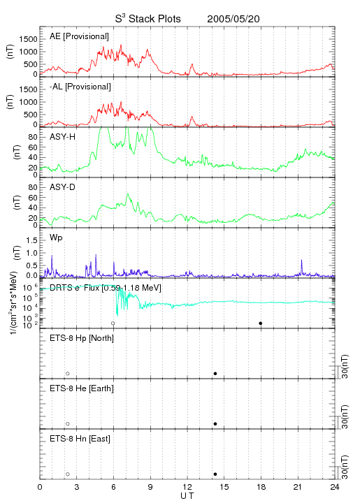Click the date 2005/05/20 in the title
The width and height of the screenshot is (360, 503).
[233, 19]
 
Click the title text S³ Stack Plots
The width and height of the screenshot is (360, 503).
[147, 19]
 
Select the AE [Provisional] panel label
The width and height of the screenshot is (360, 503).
[79, 36]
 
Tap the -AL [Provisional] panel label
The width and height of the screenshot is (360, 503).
[80, 87]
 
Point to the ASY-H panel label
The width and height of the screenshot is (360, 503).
[62, 137]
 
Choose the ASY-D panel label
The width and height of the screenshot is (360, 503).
[62, 187]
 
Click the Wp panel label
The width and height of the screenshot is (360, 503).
[56, 238]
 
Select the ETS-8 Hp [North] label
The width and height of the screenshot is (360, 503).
[82, 338]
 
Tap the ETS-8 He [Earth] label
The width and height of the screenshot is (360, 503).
[82, 388]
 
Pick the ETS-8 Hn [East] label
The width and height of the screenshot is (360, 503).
[80, 439]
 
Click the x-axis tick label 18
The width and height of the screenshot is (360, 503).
[261, 487]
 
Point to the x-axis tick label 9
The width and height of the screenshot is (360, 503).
[150, 487]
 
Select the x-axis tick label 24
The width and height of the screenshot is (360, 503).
[335, 487]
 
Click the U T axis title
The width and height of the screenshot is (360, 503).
[187, 495]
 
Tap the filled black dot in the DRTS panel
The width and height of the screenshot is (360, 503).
[261, 323]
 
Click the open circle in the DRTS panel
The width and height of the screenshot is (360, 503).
[113, 323]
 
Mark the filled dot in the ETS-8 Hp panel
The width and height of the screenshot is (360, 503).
[215, 373]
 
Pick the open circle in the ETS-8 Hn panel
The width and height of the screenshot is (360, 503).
[68, 474]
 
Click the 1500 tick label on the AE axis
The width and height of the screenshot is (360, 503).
[28, 39]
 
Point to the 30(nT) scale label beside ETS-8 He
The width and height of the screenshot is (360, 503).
[345, 416]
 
